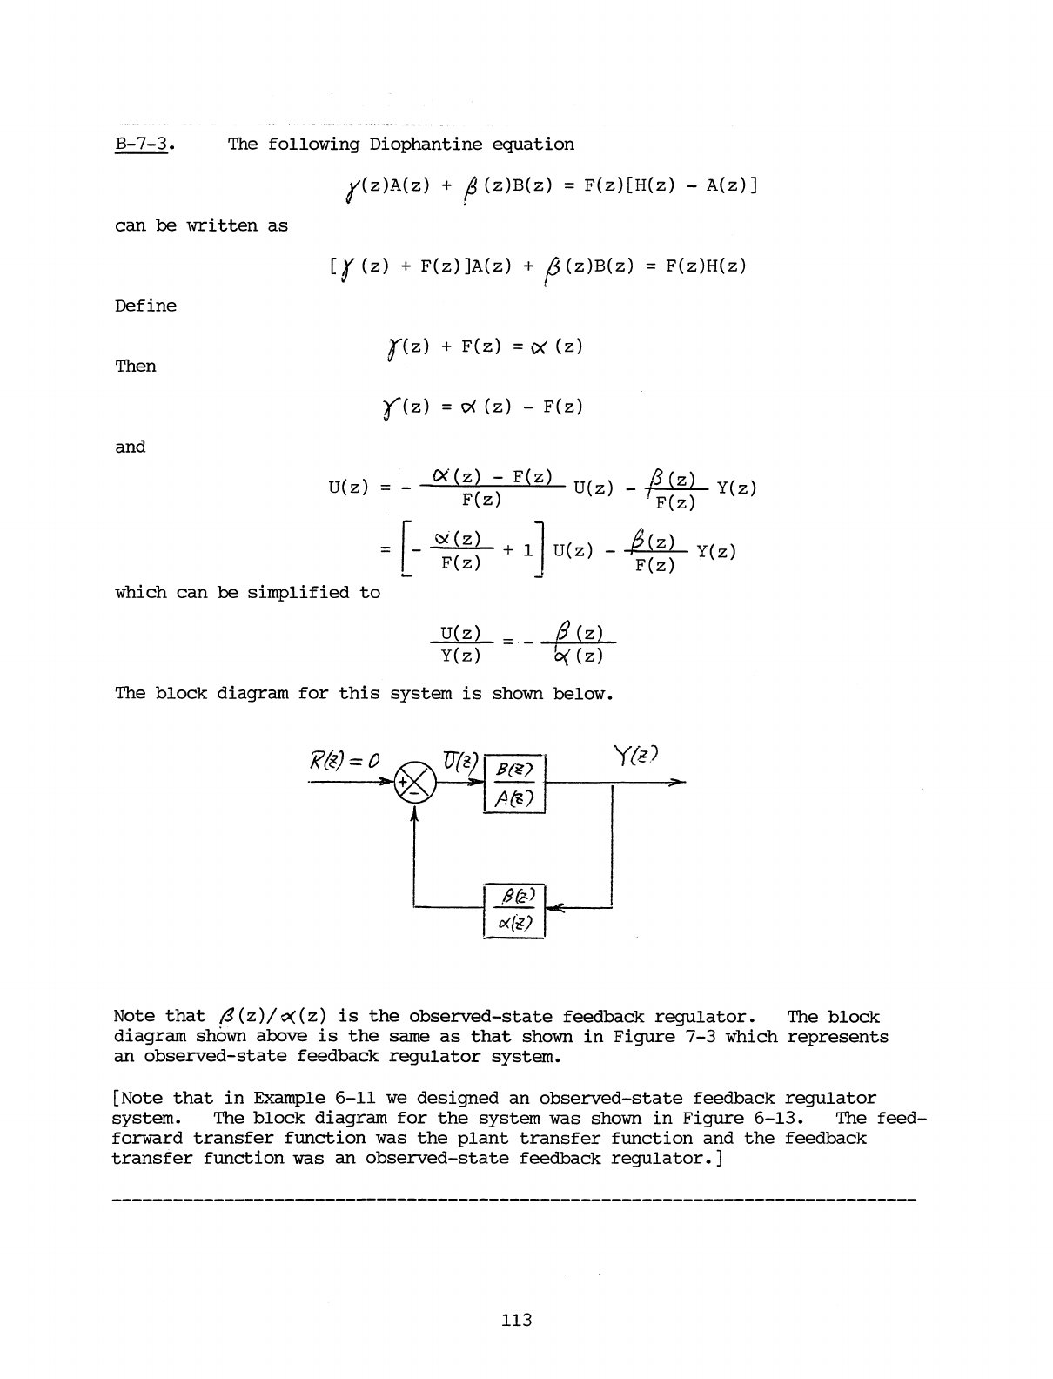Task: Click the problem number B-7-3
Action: point(143,145)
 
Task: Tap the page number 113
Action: point(517,1320)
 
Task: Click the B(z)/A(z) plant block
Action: point(513,783)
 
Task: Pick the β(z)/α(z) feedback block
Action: point(513,910)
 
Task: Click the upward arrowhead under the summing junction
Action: point(414,813)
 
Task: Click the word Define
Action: point(145,306)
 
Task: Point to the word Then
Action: point(136,366)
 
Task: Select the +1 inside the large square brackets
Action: point(518,550)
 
